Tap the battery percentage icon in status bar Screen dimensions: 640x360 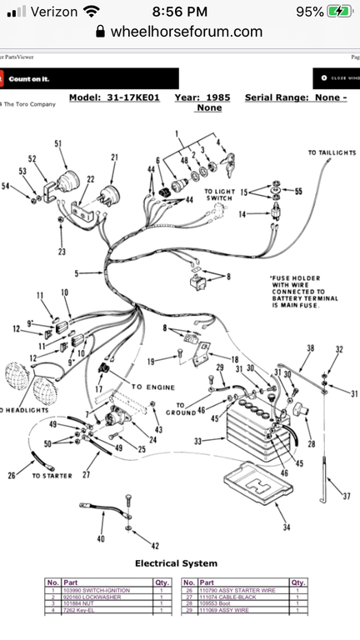pyautogui.click(x=337, y=12)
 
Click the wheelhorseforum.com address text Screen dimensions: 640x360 pyautogui.click(x=186, y=32)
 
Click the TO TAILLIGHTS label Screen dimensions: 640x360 pyautogui.click(x=332, y=153)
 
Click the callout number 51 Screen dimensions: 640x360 pyautogui.click(x=58, y=143)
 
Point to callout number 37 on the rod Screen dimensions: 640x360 pyautogui.click(x=344, y=495)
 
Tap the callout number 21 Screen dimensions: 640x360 pyautogui.click(x=114, y=157)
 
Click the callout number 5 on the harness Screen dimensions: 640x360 pyautogui.click(x=76, y=272)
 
